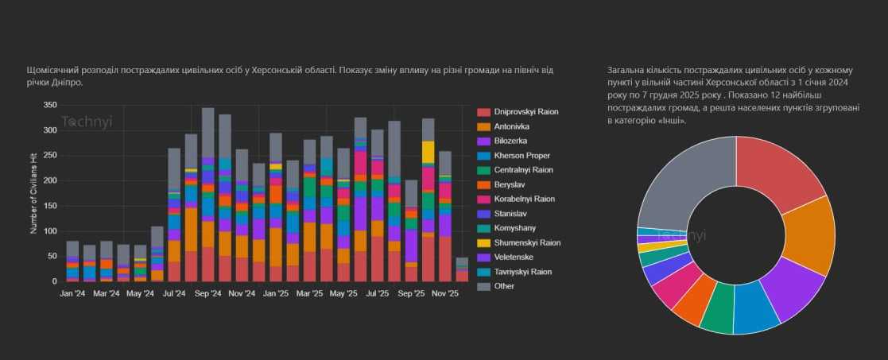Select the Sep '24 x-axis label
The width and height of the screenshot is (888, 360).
207,293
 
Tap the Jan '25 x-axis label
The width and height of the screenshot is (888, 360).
275,293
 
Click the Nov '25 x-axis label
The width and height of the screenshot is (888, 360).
444,293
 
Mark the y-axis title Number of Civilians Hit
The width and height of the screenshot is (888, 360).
34,193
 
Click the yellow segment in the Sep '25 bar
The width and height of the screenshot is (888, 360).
428,152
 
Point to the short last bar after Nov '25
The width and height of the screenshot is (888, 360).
462,269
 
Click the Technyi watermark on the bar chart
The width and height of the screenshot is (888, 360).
87,122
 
